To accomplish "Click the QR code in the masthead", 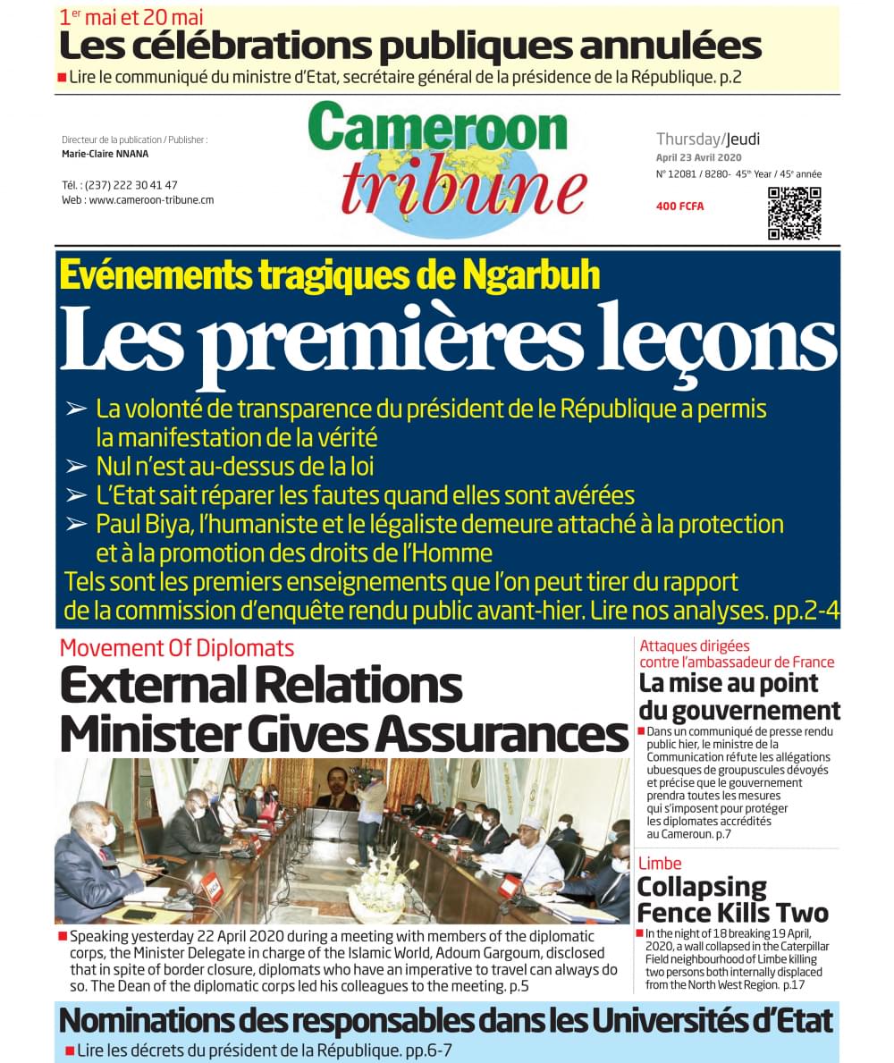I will [x=794, y=213].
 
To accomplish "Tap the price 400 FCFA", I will [x=679, y=207].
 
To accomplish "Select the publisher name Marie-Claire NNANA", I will [x=105, y=154].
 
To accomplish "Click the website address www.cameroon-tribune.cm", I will [x=151, y=200].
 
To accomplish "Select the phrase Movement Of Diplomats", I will [x=176, y=647].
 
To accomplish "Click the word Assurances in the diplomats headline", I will [x=502, y=734].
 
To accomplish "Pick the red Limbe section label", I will [x=660, y=863].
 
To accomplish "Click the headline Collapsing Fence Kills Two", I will [x=732, y=899].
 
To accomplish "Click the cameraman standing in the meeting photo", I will [x=369, y=805].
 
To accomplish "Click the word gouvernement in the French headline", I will [x=740, y=711].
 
